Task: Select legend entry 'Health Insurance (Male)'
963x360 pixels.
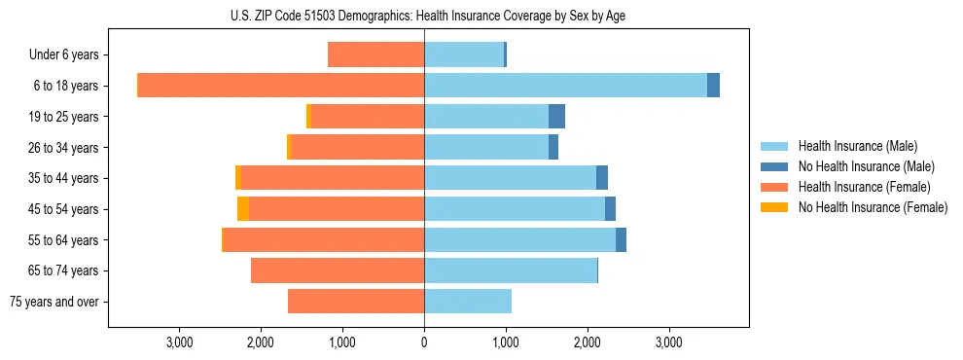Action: click(x=857, y=146)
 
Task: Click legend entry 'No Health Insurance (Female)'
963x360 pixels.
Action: click(x=873, y=207)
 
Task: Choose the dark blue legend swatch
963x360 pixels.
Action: click(x=775, y=166)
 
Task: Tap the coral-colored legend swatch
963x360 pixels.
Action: click(x=775, y=187)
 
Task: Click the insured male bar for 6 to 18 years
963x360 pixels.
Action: click(x=565, y=86)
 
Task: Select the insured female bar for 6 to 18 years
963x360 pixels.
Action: click(x=281, y=86)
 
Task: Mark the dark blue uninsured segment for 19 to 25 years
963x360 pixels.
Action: click(x=556, y=117)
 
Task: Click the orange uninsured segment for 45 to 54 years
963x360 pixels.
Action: click(x=243, y=209)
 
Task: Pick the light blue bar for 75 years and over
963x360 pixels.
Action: click(x=468, y=302)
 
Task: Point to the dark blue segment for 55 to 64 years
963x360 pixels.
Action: click(x=621, y=239)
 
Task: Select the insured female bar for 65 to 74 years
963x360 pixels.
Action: click(x=338, y=270)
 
